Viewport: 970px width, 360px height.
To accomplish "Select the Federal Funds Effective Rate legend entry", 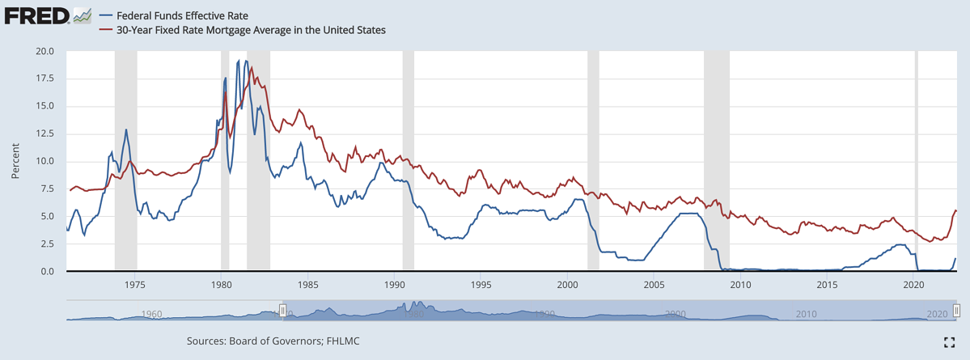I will [182, 15].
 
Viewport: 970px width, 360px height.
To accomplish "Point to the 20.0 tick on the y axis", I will [44, 51].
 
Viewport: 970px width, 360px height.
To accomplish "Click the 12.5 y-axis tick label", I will [44, 133].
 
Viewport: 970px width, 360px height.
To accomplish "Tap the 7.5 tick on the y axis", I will [48, 188].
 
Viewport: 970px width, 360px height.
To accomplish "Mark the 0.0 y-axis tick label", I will [48, 271].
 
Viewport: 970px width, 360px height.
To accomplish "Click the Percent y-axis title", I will [15, 161].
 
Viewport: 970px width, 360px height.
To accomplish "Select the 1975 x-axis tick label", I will [135, 285].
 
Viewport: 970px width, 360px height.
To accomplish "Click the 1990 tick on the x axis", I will [394, 285].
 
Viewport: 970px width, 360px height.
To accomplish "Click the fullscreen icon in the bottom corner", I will [950, 342].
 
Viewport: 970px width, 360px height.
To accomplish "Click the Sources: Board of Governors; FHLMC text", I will [273, 341].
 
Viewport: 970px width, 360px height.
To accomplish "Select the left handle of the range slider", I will [283, 311].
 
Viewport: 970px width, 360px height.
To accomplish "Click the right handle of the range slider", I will [956, 311].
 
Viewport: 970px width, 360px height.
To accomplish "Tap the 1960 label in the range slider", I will [151, 314].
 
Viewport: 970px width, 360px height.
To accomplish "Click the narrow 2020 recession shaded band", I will [917, 162].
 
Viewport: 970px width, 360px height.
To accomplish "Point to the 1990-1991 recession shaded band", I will [409, 162].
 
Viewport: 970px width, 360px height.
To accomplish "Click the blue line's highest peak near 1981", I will [246, 61].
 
